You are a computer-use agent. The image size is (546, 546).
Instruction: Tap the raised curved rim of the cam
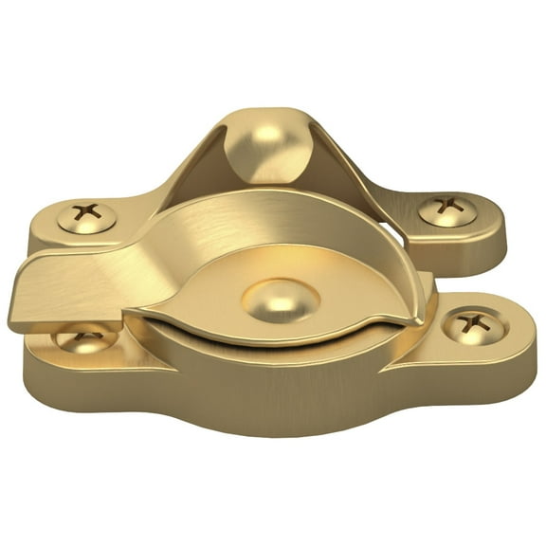[x=284, y=205]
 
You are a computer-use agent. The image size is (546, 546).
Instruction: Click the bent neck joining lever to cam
[x=142, y=265]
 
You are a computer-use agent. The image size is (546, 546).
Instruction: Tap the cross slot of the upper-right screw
[x=447, y=207]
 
